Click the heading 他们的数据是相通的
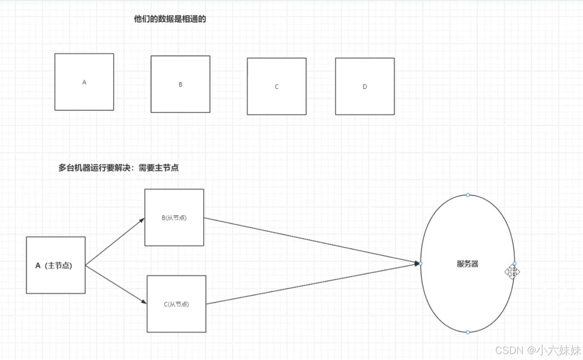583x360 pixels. [170, 19]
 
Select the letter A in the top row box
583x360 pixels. [84, 82]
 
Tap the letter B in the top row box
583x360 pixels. [180, 84]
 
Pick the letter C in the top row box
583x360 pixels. [276, 87]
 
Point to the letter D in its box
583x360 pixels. [365, 87]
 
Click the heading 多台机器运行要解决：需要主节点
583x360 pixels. [118, 168]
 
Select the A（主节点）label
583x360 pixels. [54, 266]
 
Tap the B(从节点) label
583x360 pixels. [174, 218]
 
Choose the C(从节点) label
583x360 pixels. [176, 304]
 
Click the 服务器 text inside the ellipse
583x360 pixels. [468, 264]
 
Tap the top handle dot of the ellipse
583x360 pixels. [468, 195]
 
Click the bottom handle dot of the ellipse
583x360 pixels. [468, 332]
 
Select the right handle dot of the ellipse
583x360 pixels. [515, 263]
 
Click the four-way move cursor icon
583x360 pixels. [512, 272]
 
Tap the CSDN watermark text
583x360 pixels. [537, 350]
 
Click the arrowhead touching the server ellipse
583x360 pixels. [417, 263]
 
